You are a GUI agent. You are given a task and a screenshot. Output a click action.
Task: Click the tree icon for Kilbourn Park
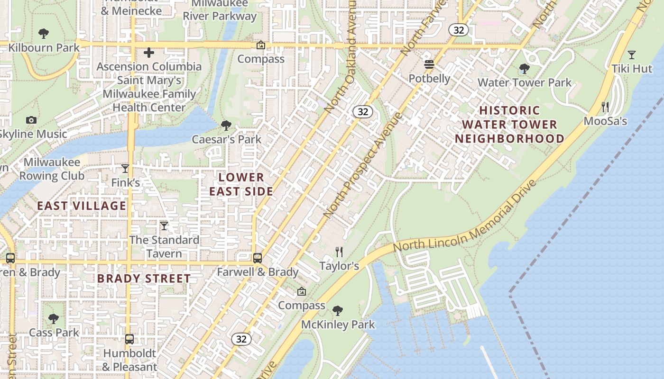[x=44, y=34]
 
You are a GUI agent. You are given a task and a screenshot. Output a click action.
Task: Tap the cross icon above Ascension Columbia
[x=149, y=53]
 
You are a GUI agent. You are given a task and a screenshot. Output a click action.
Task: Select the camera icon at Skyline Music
[x=31, y=120]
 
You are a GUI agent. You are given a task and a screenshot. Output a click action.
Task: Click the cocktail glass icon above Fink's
[x=125, y=169]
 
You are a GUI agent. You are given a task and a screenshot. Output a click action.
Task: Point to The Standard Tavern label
[x=164, y=246]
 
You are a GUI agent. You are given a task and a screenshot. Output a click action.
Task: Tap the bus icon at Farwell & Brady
[x=257, y=258]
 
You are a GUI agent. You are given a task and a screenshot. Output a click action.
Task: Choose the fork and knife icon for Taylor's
[x=339, y=252]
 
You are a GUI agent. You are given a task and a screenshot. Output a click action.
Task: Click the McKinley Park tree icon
[x=338, y=311]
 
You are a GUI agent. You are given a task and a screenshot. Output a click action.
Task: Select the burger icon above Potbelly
[x=429, y=64]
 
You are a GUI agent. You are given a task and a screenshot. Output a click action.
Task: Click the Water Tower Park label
[x=525, y=82]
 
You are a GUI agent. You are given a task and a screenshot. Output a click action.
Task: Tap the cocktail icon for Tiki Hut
[x=631, y=55]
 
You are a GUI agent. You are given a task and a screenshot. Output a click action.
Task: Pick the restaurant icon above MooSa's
[x=605, y=107]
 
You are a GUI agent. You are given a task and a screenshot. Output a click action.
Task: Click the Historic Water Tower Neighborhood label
[x=509, y=125]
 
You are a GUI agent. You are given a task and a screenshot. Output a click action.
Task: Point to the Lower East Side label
[x=241, y=184]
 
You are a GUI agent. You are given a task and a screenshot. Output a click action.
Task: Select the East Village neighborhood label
[x=82, y=206]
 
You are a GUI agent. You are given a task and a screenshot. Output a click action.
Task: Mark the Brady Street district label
[x=144, y=278]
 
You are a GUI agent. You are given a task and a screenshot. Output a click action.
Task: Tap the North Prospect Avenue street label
[x=363, y=166]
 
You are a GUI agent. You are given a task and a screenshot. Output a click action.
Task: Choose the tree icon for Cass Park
[x=54, y=318]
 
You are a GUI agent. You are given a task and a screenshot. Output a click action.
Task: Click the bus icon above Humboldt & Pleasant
[x=129, y=339]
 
